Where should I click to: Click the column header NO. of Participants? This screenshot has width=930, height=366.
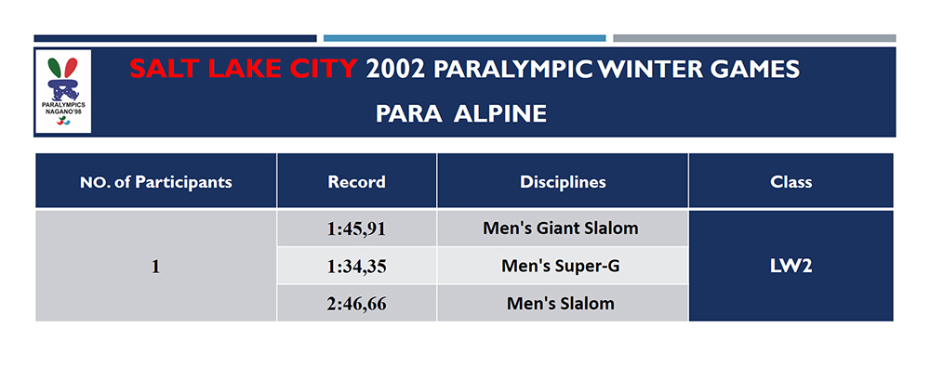155,182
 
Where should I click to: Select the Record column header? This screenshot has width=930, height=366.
356,182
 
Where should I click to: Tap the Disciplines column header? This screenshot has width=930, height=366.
563,182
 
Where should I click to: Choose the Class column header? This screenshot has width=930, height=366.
790,182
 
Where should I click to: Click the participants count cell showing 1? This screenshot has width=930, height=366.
155,267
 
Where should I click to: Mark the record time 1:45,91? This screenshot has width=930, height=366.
356,228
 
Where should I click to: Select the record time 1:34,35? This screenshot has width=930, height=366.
356,267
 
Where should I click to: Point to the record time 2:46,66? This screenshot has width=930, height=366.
356,304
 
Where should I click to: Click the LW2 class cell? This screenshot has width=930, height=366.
790,267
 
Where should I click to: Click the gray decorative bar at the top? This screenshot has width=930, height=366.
754,38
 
